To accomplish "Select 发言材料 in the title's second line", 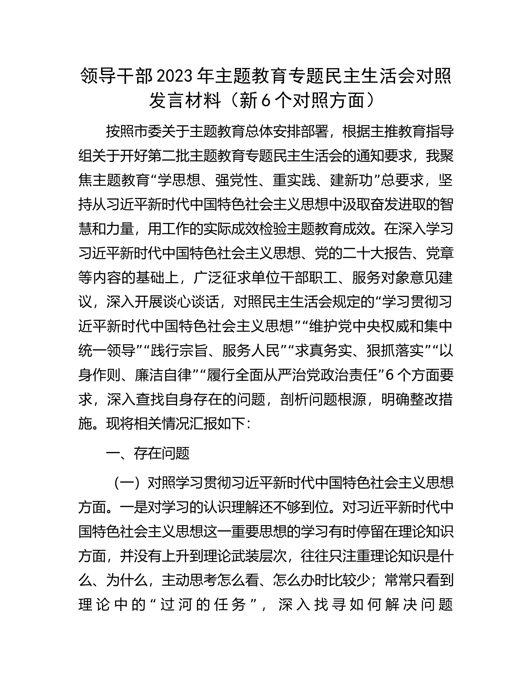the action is [x=185, y=101].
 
